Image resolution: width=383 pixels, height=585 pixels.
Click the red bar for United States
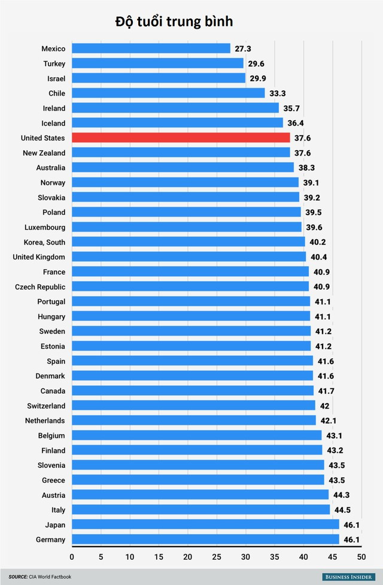click(x=181, y=138)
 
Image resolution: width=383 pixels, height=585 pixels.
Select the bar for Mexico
click(x=151, y=48)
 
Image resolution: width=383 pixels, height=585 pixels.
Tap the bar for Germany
click(x=205, y=540)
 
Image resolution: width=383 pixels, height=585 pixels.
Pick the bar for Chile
click(x=168, y=93)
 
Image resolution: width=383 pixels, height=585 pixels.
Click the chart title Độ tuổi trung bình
click(x=174, y=22)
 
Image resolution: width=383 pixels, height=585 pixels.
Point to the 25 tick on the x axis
click(x=217, y=557)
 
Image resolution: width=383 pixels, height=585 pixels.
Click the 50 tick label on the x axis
click(x=361, y=557)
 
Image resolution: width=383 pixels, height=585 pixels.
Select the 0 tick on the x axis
click(x=72, y=557)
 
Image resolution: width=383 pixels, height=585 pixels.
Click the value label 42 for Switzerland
click(x=324, y=406)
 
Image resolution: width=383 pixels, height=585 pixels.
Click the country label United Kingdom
click(x=39, y=257)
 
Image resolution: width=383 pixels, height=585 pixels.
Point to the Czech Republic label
click(x=40, y=287)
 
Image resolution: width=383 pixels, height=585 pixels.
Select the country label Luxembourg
click(x=45, y=227)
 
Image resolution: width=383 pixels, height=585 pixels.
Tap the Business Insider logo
click(x=347, y=577)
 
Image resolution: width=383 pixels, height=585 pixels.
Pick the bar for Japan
click(x=205, y=525)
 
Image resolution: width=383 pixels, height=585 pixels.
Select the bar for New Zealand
click(x=181, y=153)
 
